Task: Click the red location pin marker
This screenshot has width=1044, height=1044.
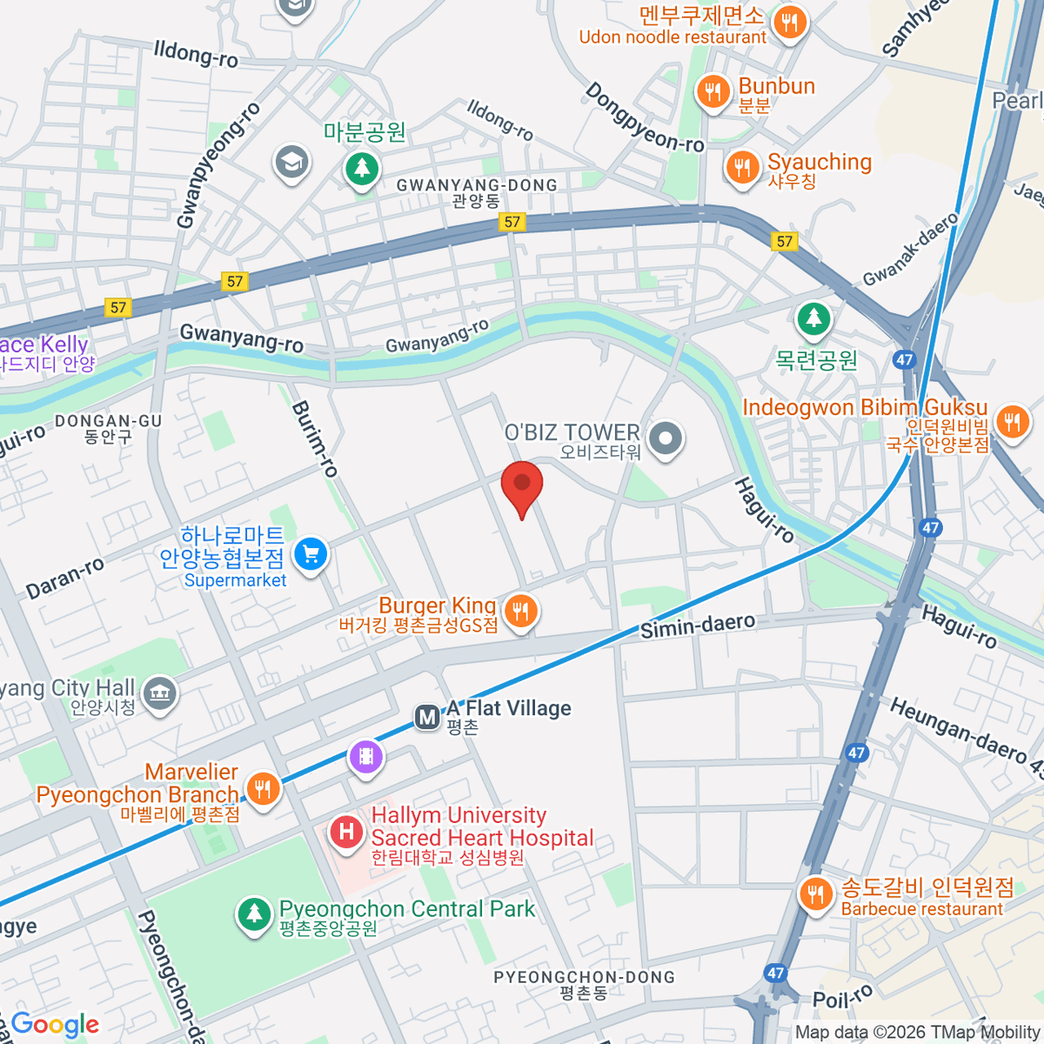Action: click(x=522, y=485)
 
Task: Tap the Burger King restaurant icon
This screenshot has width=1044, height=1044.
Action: click(x=519, y=612)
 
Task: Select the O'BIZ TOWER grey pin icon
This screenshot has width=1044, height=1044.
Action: click(x=666, y=438)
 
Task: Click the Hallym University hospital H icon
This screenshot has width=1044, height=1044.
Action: click(x=346, y=832)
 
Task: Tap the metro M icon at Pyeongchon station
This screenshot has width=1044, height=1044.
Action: click(x=427, y=718)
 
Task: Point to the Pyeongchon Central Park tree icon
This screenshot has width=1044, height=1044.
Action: click(x=253, y=913)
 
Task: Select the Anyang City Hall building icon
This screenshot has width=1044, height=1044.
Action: click(x=159, y=693)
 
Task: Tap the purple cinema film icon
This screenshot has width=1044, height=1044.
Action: click(x=366, y=756)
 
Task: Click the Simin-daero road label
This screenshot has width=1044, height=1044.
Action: click(x=698, y=625)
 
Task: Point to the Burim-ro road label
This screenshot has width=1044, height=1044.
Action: click(x=314, y=438)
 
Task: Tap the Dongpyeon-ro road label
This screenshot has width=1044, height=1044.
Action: click(x=644, y=118)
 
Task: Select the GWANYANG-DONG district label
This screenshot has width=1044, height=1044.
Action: click(x=477, y=185)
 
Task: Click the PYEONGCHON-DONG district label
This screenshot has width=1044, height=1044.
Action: click(x=584, y=977)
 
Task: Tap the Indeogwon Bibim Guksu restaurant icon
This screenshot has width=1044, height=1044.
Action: click(x=1011, y=422)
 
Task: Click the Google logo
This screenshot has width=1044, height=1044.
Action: click(x=55, y=1025)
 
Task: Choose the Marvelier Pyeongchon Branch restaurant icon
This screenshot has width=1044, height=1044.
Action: click(x=262, y=788)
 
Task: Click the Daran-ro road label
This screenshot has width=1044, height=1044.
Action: click(x=65, y=578)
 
